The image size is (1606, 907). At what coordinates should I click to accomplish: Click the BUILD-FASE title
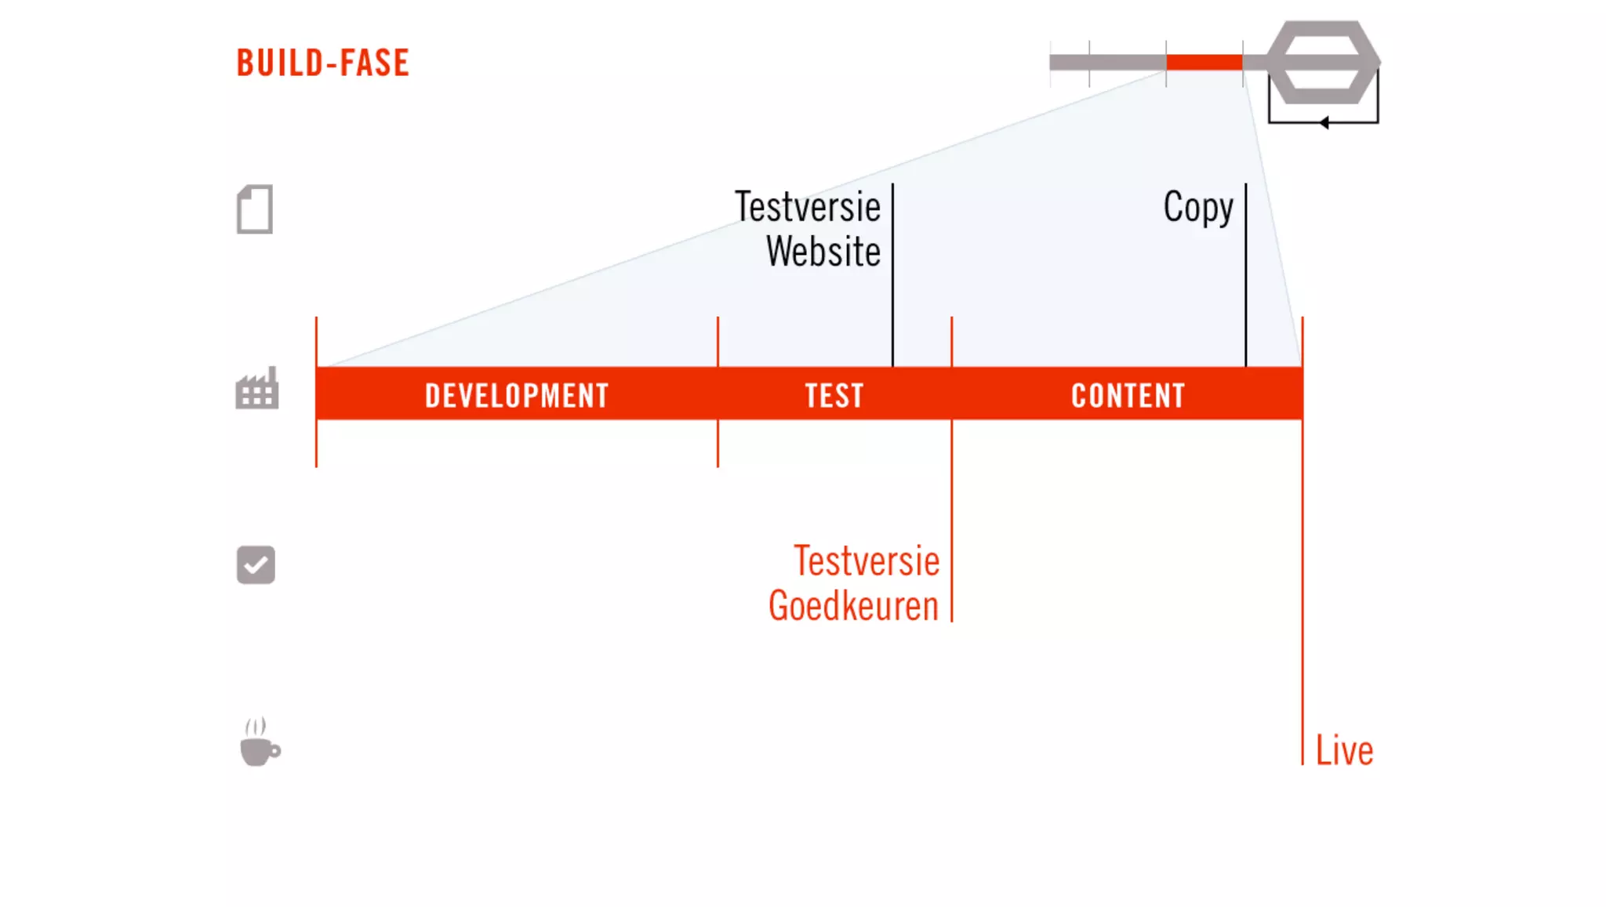322,63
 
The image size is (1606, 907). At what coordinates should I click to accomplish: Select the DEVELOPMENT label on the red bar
516,395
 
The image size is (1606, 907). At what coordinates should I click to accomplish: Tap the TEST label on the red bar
834,395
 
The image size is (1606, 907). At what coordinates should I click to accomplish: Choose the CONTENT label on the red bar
1128,395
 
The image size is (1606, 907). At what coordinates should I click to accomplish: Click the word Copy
1197,208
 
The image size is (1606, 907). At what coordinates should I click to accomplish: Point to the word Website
823,252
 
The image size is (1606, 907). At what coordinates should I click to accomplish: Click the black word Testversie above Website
807,207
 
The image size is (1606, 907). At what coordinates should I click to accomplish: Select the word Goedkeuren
853,606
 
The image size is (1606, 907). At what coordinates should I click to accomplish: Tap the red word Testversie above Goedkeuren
866,561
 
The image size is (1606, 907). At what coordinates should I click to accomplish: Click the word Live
1344,751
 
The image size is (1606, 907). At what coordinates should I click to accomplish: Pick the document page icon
255,209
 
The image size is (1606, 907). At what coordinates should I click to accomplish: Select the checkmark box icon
256,564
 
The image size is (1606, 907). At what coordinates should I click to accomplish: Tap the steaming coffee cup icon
259,742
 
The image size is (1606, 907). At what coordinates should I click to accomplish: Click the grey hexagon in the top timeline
1323,62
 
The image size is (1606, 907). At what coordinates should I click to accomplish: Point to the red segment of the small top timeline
1204,63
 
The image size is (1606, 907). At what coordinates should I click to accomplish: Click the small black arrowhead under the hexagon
1324,122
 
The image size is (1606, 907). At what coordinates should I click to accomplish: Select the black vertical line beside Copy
1245,274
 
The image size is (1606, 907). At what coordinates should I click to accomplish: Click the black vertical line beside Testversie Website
892,274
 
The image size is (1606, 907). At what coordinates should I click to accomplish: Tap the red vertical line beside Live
1303,596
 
